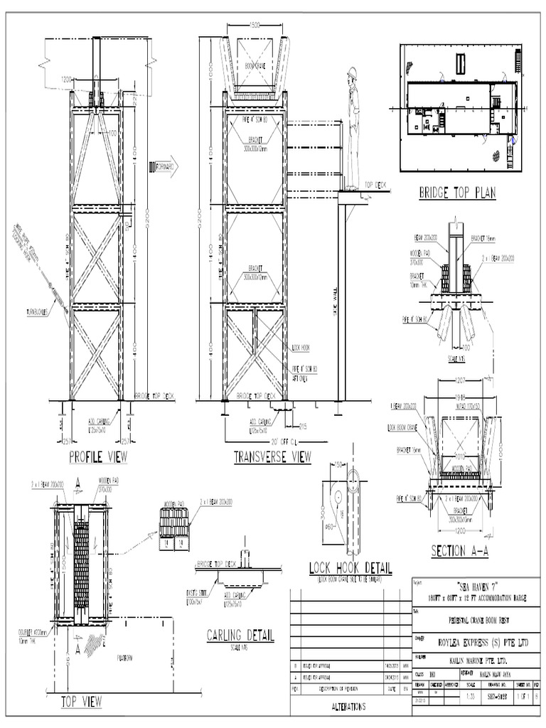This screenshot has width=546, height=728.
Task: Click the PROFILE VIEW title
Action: [x=98, y=457]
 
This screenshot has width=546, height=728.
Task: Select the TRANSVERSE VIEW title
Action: [x=272, y=458]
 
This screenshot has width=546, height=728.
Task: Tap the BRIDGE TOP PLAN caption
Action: [x=457, y=193]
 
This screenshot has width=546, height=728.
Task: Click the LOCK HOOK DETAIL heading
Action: [x=350, y=568]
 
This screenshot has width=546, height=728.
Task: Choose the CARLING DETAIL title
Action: [x=240, y=635]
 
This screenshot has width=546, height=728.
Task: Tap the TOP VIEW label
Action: [x=81, y=702]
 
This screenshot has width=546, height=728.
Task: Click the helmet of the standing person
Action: [x=352, y=73]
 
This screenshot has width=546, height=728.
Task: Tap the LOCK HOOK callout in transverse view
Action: [x=301, y=348]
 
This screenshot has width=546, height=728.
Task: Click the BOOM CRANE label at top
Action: [x=255, y=65]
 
